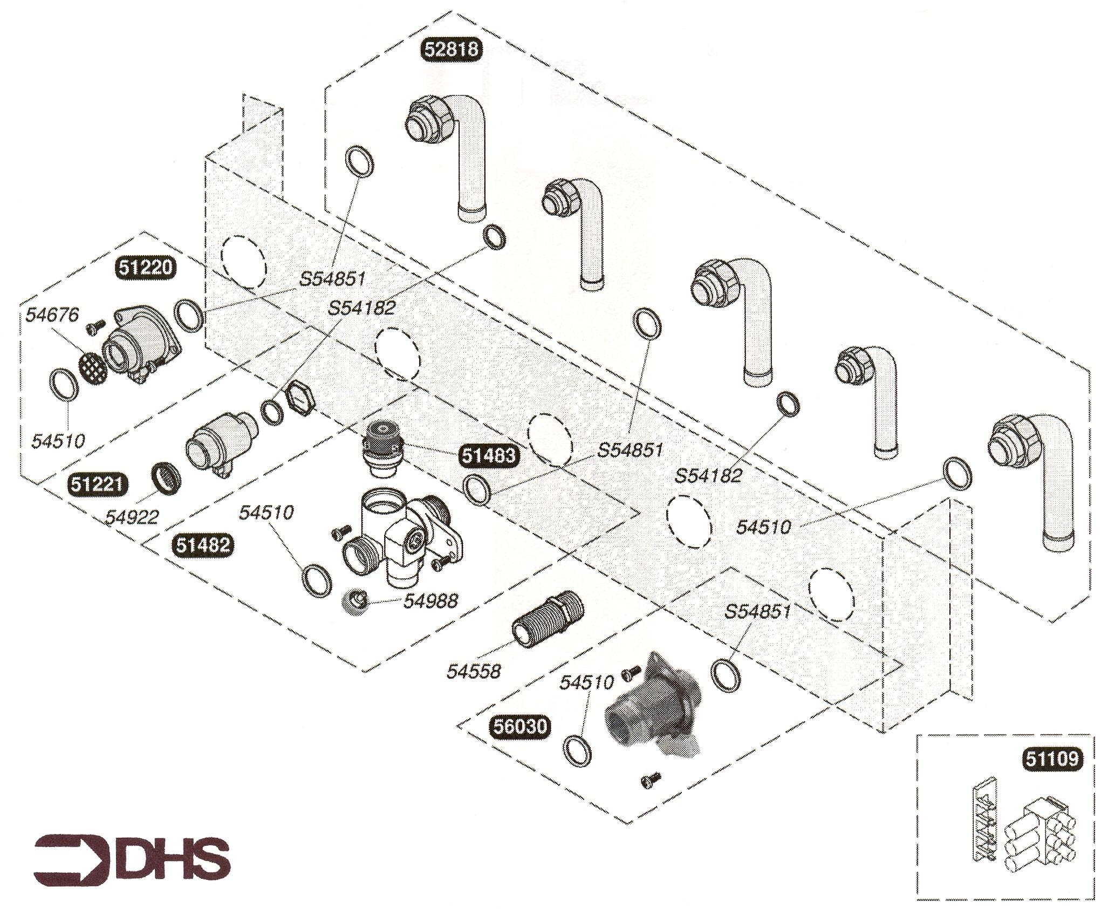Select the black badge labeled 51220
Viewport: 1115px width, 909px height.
(x=146, y=268)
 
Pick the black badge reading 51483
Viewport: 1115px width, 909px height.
(x=488, y=455)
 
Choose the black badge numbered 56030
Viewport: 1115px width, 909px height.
(x=520, y=726)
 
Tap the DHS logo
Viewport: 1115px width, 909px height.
(x=132, y=859)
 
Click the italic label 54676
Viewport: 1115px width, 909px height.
(x=52, y=315)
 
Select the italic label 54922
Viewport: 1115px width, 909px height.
(x=132, y=517)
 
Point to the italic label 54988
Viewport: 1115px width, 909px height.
(x=430, y=600)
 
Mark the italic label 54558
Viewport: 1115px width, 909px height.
(x=474, y=671)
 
